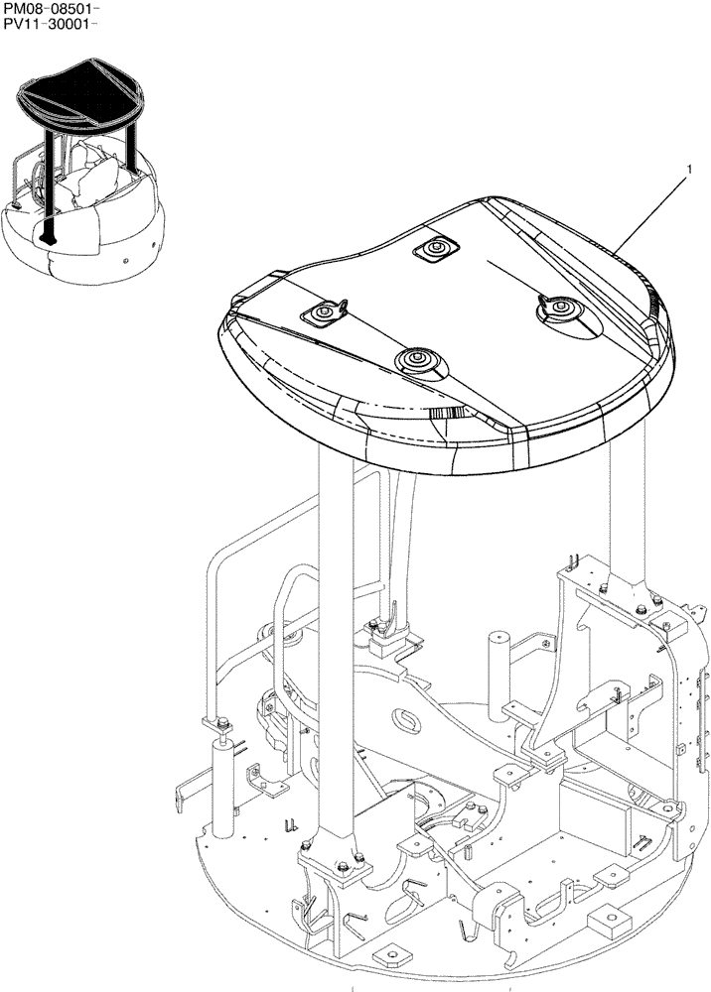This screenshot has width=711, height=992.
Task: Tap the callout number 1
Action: click(x=688, y=172)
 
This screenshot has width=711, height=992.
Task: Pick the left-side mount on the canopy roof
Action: click(x=323, y=313)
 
